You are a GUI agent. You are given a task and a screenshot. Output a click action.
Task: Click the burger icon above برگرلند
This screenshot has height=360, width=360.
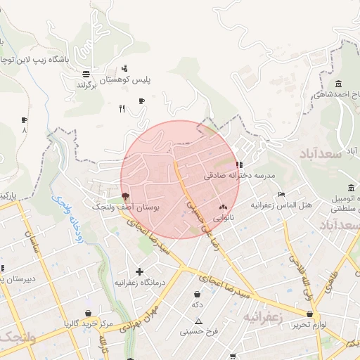coord(86,73)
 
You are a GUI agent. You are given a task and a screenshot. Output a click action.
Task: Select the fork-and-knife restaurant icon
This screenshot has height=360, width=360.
coord(122,108)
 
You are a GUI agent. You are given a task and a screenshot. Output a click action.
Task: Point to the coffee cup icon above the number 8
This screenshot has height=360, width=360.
coord(25,120)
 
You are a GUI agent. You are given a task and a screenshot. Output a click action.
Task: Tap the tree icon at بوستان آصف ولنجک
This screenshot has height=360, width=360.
coord(125,197)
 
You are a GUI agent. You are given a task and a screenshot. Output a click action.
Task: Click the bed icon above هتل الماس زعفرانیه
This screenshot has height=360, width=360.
coord(282,194)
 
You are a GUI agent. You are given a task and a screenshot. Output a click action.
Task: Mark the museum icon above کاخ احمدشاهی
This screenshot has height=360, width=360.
coord(338,84)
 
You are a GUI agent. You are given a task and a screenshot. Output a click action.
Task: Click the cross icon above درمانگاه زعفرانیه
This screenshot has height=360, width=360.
coord(139,271)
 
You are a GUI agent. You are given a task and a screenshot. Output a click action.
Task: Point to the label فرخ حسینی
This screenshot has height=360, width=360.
coord(199,331)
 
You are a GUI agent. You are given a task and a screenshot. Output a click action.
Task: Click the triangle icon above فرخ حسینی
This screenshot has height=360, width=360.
coord(199,321)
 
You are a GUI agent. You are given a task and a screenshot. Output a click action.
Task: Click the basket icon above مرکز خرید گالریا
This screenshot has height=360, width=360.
coord(88,314)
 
